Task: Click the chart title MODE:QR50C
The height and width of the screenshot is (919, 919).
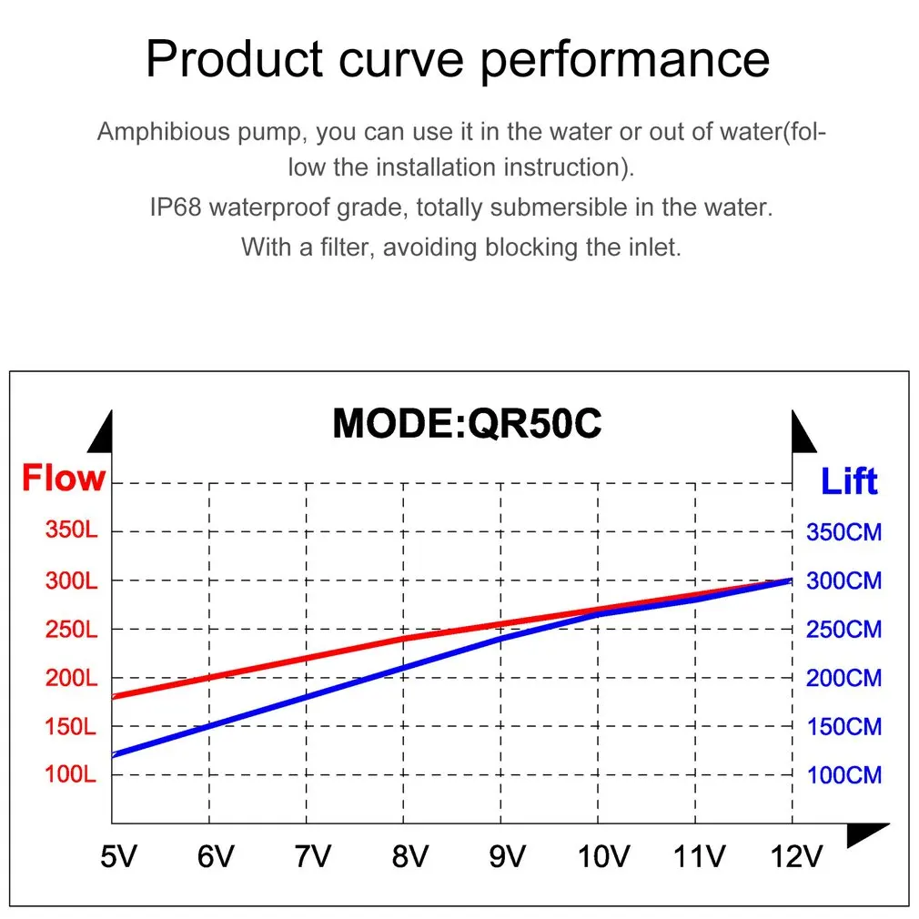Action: [x=467, y=423]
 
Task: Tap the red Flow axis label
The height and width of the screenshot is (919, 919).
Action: [x=64, y=478]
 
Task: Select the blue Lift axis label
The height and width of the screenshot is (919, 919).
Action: [x=849, y=481]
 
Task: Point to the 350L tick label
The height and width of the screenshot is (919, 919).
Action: [x=72, y=530]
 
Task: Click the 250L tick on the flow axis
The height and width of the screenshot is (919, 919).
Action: [x=72, y=630]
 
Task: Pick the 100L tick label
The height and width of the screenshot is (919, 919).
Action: [x=70, y=774]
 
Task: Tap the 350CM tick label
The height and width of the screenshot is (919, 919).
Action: [x=844, y=532]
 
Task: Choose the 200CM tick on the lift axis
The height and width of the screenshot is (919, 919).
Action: [x=844, y=678]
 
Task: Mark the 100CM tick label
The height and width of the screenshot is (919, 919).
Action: [x=844, y=775]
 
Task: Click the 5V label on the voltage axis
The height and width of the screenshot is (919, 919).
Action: [x=118, y=856]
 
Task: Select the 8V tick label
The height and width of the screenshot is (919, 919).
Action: [x=410, y=856]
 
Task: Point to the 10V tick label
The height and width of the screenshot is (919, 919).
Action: [x=603, y=856]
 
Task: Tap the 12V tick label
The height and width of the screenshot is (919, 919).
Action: [x=796, y=856]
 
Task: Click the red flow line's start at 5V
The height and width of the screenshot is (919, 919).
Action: [x=113, y=697]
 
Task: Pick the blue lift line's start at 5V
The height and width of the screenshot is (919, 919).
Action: [x=113, y=754]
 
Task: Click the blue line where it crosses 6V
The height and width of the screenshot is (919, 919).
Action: [x=209, y=726]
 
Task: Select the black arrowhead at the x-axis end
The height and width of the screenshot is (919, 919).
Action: [x=866, y=834]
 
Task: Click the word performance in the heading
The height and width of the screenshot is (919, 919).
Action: [x=625, y=60]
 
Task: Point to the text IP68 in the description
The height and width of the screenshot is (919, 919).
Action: [x=176, y=207]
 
